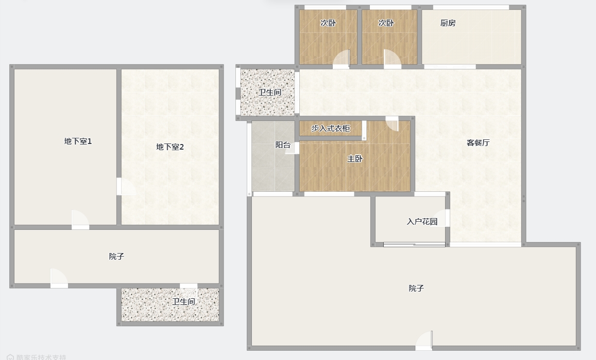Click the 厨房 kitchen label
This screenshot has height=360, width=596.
448,23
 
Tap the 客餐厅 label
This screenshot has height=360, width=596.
478,142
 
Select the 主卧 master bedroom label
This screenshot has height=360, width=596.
355,159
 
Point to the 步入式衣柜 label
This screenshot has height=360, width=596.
331,129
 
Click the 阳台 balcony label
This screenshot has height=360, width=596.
283,145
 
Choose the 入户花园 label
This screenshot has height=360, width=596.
422,222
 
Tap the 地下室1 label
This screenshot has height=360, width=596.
78,141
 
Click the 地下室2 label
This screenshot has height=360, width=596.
170,147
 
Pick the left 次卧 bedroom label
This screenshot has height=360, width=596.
328,23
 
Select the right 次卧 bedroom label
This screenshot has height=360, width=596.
386,23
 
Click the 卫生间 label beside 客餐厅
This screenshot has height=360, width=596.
270,92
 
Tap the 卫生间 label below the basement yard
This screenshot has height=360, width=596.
183,301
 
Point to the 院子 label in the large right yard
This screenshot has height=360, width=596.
416,289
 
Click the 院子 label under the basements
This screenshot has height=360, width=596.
116,257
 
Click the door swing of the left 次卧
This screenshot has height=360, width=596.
342,59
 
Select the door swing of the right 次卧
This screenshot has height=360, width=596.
393,59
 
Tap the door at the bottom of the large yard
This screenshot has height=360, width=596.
424,340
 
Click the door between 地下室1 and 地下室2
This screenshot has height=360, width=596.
126,187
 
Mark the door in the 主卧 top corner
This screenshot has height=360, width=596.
392,124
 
